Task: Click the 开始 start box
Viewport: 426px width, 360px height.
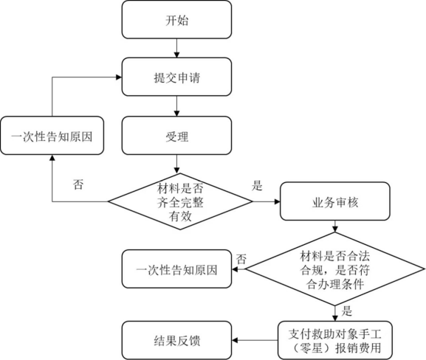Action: [x=176, y=19]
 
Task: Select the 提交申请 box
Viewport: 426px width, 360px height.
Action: [x=176, y=77]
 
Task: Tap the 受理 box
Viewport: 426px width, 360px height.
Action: [x=176, y=136]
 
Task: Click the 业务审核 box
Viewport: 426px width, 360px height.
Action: [x=335, y=201]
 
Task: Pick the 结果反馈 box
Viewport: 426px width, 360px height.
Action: [x=176, y=341]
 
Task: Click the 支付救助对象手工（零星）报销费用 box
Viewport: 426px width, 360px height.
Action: [x=335, y=341]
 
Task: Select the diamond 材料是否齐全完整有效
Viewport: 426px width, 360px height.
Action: [x=180, y=201]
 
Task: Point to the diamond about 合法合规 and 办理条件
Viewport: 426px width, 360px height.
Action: [x=335, y=269]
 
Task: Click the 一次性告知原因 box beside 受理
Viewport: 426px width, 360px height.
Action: [x=52, y=136]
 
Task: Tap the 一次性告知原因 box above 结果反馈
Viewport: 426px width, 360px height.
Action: [x=176, y=269]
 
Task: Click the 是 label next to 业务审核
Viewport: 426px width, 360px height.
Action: [x=257, y=186]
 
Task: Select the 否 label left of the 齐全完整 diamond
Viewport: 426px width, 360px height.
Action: [x=78, y=184]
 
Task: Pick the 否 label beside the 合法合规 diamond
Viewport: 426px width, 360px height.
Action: [x=241, y=259]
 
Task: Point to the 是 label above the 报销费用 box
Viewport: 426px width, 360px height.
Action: [x=347, y=311]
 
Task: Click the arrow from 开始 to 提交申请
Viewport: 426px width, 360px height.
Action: [x=176, y=48]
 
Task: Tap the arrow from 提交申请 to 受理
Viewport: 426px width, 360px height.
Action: [x=176, y=106]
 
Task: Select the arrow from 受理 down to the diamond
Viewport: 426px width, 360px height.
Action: [x=176, y=164]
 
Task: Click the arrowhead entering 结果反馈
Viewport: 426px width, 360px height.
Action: [x=235, y=341]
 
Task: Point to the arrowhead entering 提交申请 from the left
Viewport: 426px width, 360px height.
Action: [x=119, y=77]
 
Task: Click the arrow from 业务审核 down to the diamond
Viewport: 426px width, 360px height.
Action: [x=335, y=226]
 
